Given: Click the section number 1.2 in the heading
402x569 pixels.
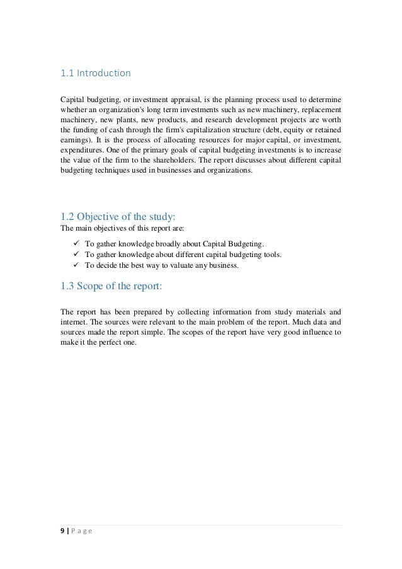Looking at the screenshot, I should tap(69, 218).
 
